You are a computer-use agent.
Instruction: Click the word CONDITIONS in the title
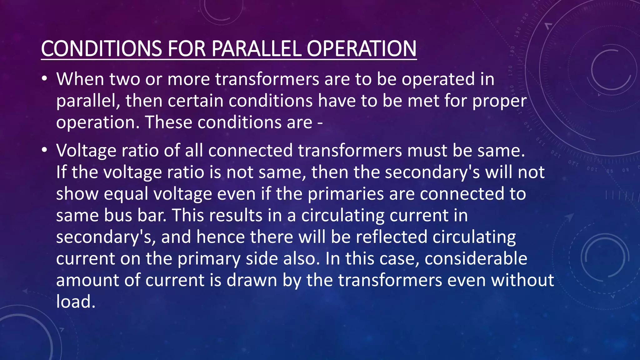(101, 49)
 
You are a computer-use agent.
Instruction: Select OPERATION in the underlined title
(361, 49)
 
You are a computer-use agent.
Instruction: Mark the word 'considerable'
(476, 258)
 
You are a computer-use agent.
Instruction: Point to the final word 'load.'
(76, 302)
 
